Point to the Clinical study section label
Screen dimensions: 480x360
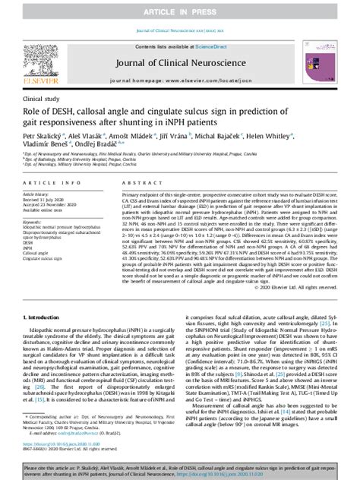[43, 99]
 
